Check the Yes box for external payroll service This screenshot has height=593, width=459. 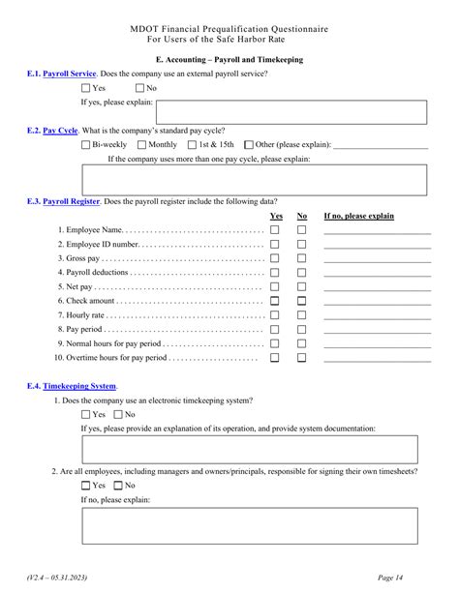(86, 89)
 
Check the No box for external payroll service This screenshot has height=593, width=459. (139, 89)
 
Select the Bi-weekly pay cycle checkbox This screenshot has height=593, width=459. (85, 145)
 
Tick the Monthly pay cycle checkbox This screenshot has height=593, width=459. (142, 145)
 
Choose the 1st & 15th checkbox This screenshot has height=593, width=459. (192, 145)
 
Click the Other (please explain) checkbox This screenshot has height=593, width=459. (249, 145)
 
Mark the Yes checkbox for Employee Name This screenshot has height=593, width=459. (275, 230)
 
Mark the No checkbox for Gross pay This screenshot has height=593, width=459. (301, 258)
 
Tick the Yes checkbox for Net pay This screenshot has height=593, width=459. (275, 287)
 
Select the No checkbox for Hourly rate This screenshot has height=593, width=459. (301, 315)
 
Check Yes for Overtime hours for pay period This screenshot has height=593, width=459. (275, 358)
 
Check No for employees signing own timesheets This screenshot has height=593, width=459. (119, 486)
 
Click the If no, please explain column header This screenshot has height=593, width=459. (358, 216)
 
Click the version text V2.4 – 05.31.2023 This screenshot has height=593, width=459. (57, 578)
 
